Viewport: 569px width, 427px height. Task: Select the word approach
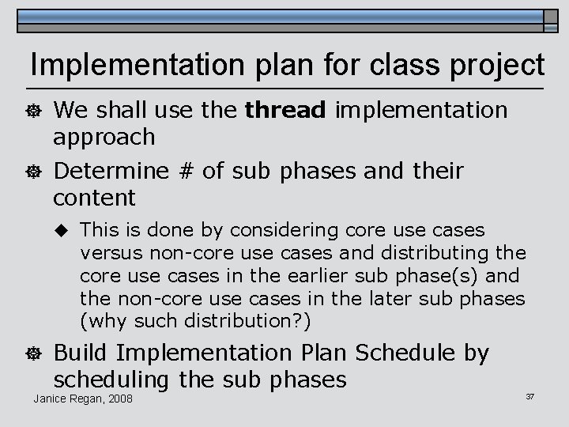104,138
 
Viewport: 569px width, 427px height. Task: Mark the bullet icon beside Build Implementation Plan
34,354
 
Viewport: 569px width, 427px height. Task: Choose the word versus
107,253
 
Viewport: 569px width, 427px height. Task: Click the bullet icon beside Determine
34,172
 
